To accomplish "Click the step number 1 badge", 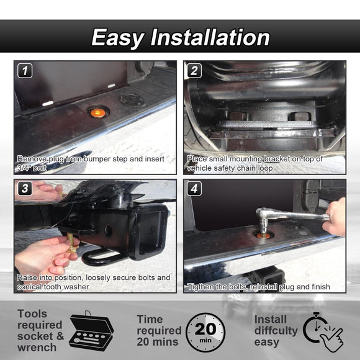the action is pos(25,71).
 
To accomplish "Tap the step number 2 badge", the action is pos(194,71).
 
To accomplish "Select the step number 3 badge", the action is pos(25,189).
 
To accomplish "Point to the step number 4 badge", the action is pos(194,189).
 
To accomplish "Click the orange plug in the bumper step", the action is pos(98,112).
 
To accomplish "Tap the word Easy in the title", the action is pos(118,38).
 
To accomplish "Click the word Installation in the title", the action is pos(210,37).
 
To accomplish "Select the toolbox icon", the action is pos(91,331).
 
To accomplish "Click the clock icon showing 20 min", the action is pos(205,332).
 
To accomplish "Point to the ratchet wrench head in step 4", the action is pos(264,218).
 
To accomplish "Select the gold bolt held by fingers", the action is pos(71,243).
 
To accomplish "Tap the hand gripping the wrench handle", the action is pos(335,217).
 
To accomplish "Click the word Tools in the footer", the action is pos(32,313).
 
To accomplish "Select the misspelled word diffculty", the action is pos(276,331).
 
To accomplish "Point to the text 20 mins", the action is pos(158,342).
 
